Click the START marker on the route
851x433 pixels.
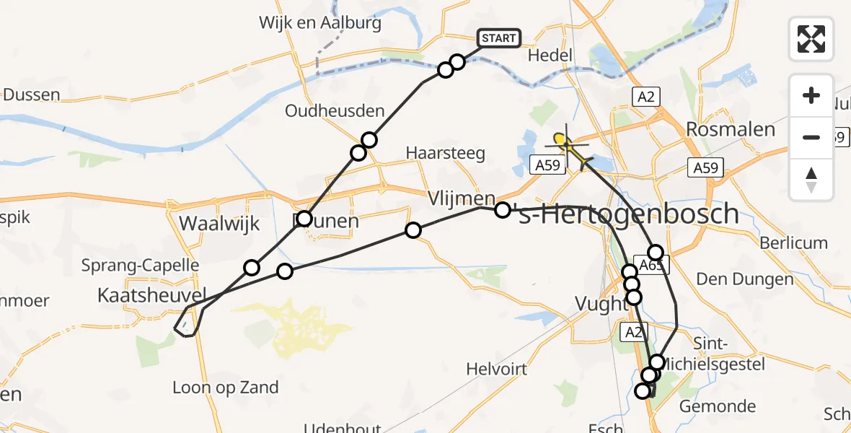click(499, 38)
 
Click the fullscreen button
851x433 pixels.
click(811, 38)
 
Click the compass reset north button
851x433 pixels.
click(811, 180)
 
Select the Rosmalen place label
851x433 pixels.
click(731, 130)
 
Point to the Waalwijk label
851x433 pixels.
click(219, 223)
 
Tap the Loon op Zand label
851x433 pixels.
click(225, 388)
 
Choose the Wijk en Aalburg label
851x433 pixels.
click(320, 23)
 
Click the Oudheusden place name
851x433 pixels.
click(335, 111)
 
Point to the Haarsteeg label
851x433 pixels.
click(445, 153)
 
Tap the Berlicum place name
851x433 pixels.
click(793, 242)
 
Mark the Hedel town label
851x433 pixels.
click(550, 56)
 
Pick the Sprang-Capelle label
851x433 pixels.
click(140, 265)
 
